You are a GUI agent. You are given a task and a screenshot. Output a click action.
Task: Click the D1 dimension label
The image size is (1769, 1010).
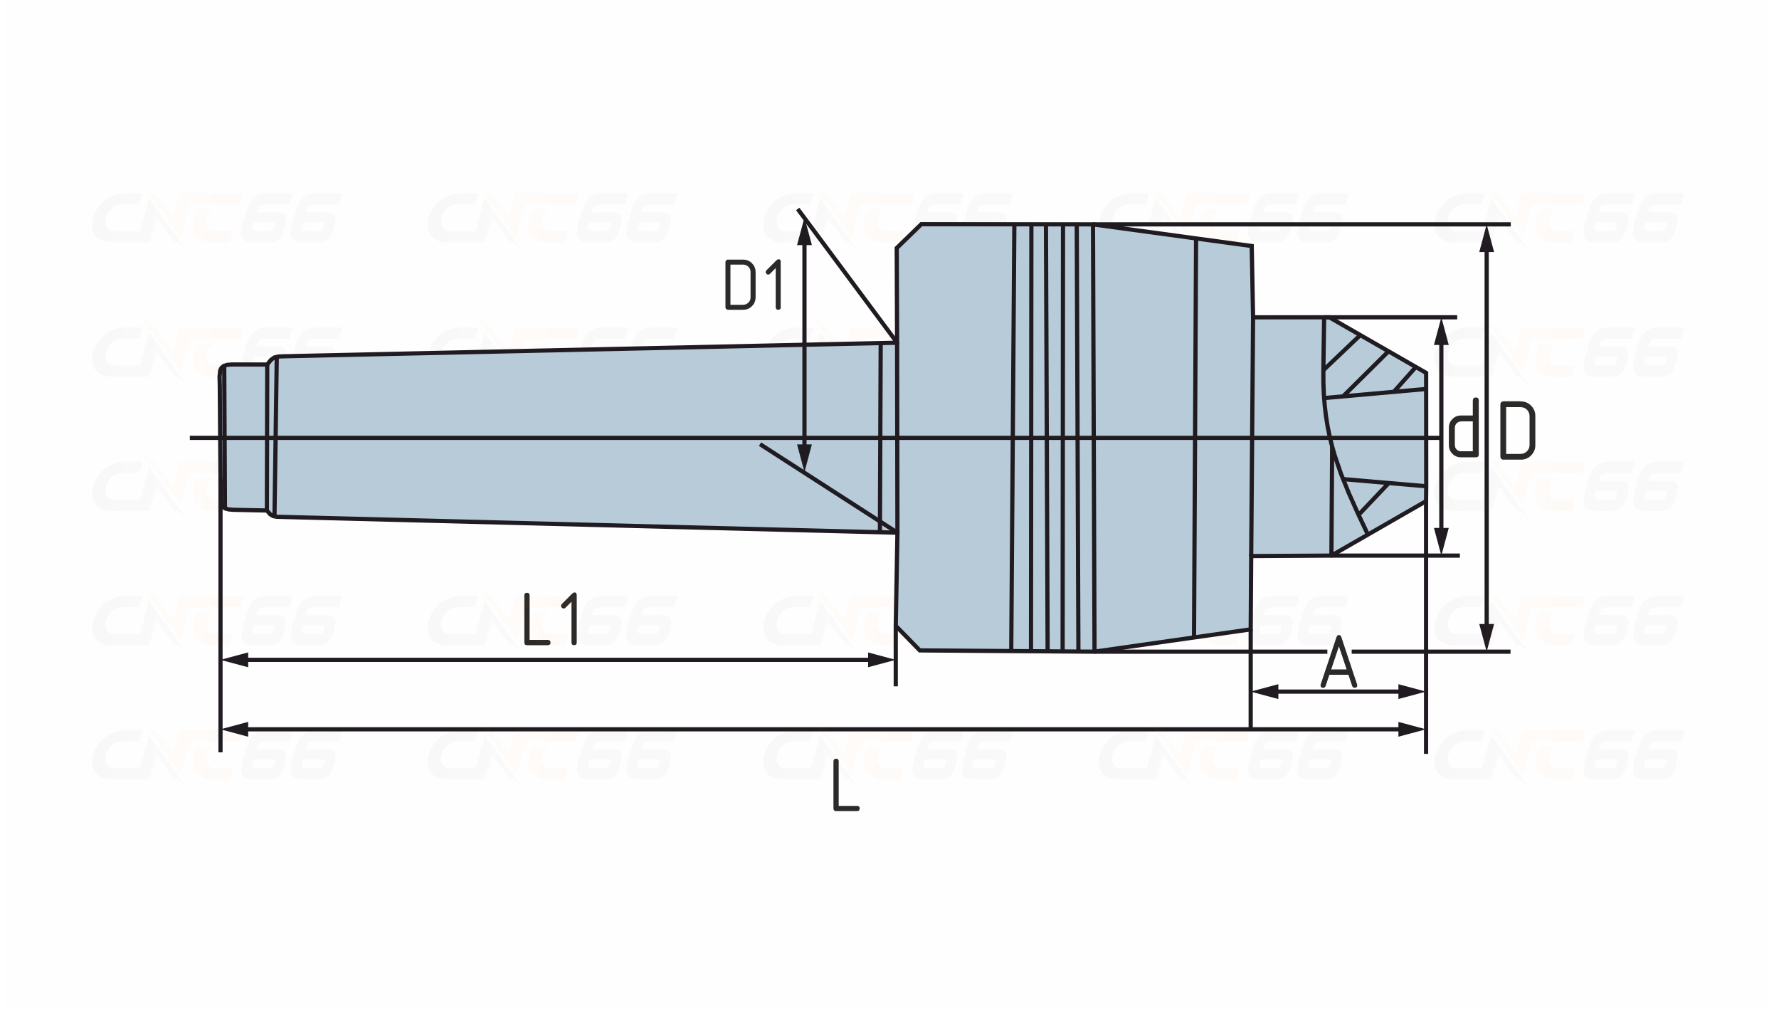click(754, 285)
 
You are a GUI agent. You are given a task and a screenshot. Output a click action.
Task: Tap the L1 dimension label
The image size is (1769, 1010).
click(550, 619)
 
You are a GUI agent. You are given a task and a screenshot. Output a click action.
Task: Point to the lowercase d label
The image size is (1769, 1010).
click(1464, 427)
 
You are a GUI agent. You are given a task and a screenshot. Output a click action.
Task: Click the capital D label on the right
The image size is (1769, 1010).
click(1517, 432)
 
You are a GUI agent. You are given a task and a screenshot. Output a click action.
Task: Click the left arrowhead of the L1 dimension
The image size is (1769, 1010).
click(235, 661)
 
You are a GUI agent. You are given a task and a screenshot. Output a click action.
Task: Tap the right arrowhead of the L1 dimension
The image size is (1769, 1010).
click(881, 661)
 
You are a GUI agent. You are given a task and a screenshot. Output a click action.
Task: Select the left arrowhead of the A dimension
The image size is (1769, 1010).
click(1265, 691)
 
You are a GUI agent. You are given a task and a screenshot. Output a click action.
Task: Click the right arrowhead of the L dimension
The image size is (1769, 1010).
click(1412, 730)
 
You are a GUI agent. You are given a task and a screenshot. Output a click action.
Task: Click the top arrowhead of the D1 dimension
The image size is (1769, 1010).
click(805, 232)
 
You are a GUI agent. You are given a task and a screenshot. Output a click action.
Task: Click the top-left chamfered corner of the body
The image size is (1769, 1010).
click(908, 236)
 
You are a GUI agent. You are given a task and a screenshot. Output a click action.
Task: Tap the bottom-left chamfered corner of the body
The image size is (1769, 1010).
click(908, 638)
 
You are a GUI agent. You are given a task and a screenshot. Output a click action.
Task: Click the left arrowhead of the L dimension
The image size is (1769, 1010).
click(235, 730)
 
